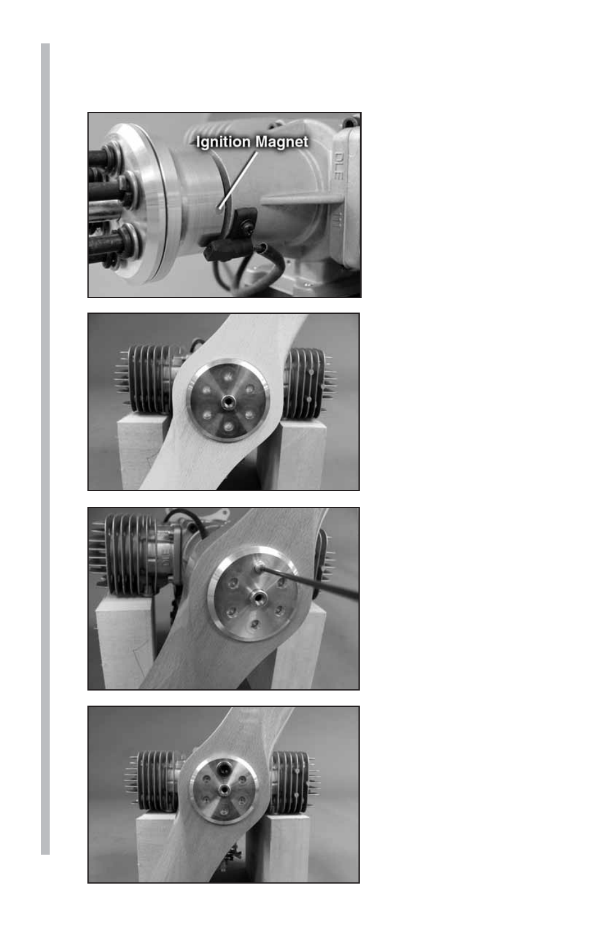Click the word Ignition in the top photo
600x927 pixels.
223,142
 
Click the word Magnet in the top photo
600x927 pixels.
281,142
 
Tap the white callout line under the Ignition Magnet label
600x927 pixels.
238,180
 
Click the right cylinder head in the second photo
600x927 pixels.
308,382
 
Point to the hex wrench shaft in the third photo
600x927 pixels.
309,582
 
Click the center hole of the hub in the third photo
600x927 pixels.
258,597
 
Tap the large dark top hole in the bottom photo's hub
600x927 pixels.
224,769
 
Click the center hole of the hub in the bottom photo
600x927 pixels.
224,789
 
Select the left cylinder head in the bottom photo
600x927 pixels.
157,780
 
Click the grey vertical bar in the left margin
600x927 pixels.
45,448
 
